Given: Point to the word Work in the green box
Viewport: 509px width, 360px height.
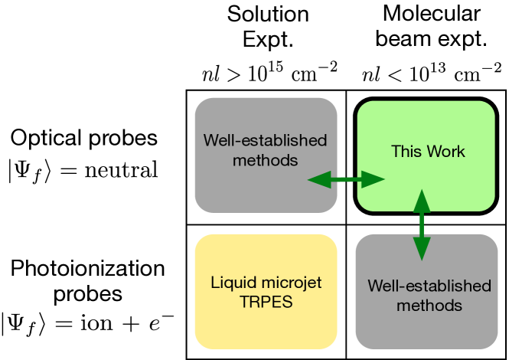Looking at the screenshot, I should click(445, 152).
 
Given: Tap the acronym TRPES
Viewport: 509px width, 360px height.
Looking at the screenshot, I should click(266, 302).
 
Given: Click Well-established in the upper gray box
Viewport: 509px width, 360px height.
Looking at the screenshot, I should click(265, 141).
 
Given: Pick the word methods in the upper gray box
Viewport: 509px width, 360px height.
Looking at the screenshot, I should click(265, 160).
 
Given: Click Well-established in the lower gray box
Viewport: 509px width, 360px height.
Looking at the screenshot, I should click(429, 286).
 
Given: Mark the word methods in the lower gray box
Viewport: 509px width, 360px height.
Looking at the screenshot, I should click(429, 305).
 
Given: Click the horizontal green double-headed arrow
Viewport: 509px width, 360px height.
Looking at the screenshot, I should click(346, 179).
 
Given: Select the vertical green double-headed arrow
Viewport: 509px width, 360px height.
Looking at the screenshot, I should click(421, 224).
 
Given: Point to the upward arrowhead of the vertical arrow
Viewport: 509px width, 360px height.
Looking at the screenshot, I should click(421, 200).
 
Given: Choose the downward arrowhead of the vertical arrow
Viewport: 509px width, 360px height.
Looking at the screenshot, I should click(421, 249).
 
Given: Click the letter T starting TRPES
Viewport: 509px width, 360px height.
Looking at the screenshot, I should click(243, 302).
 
